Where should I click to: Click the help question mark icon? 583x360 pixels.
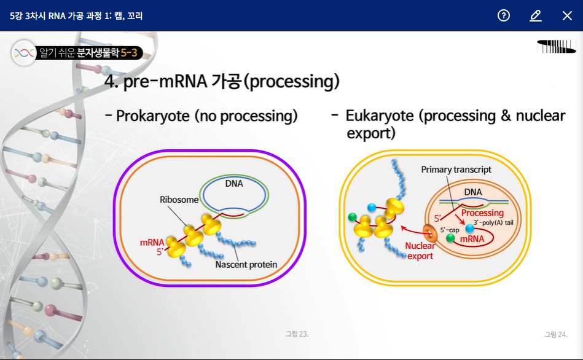point(504,15)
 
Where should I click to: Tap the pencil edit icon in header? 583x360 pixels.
point(536,15)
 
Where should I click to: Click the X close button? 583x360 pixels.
point(567,15)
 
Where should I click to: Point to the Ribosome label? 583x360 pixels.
point(179,200)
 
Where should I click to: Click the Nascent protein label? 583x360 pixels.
point(246,265)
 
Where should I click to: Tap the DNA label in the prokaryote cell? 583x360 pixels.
point(234,183)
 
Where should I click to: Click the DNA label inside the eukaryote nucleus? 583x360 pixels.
point(473,192)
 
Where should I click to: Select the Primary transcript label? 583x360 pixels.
point(456,169)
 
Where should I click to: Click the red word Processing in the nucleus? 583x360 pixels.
point(482,213)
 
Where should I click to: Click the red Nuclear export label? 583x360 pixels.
point(420,251)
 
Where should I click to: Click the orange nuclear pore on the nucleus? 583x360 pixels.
point(430,234)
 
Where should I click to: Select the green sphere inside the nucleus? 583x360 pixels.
point(450,238)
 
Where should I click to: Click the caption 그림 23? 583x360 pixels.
point(297,334)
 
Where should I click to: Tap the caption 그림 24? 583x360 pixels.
point(555,334)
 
